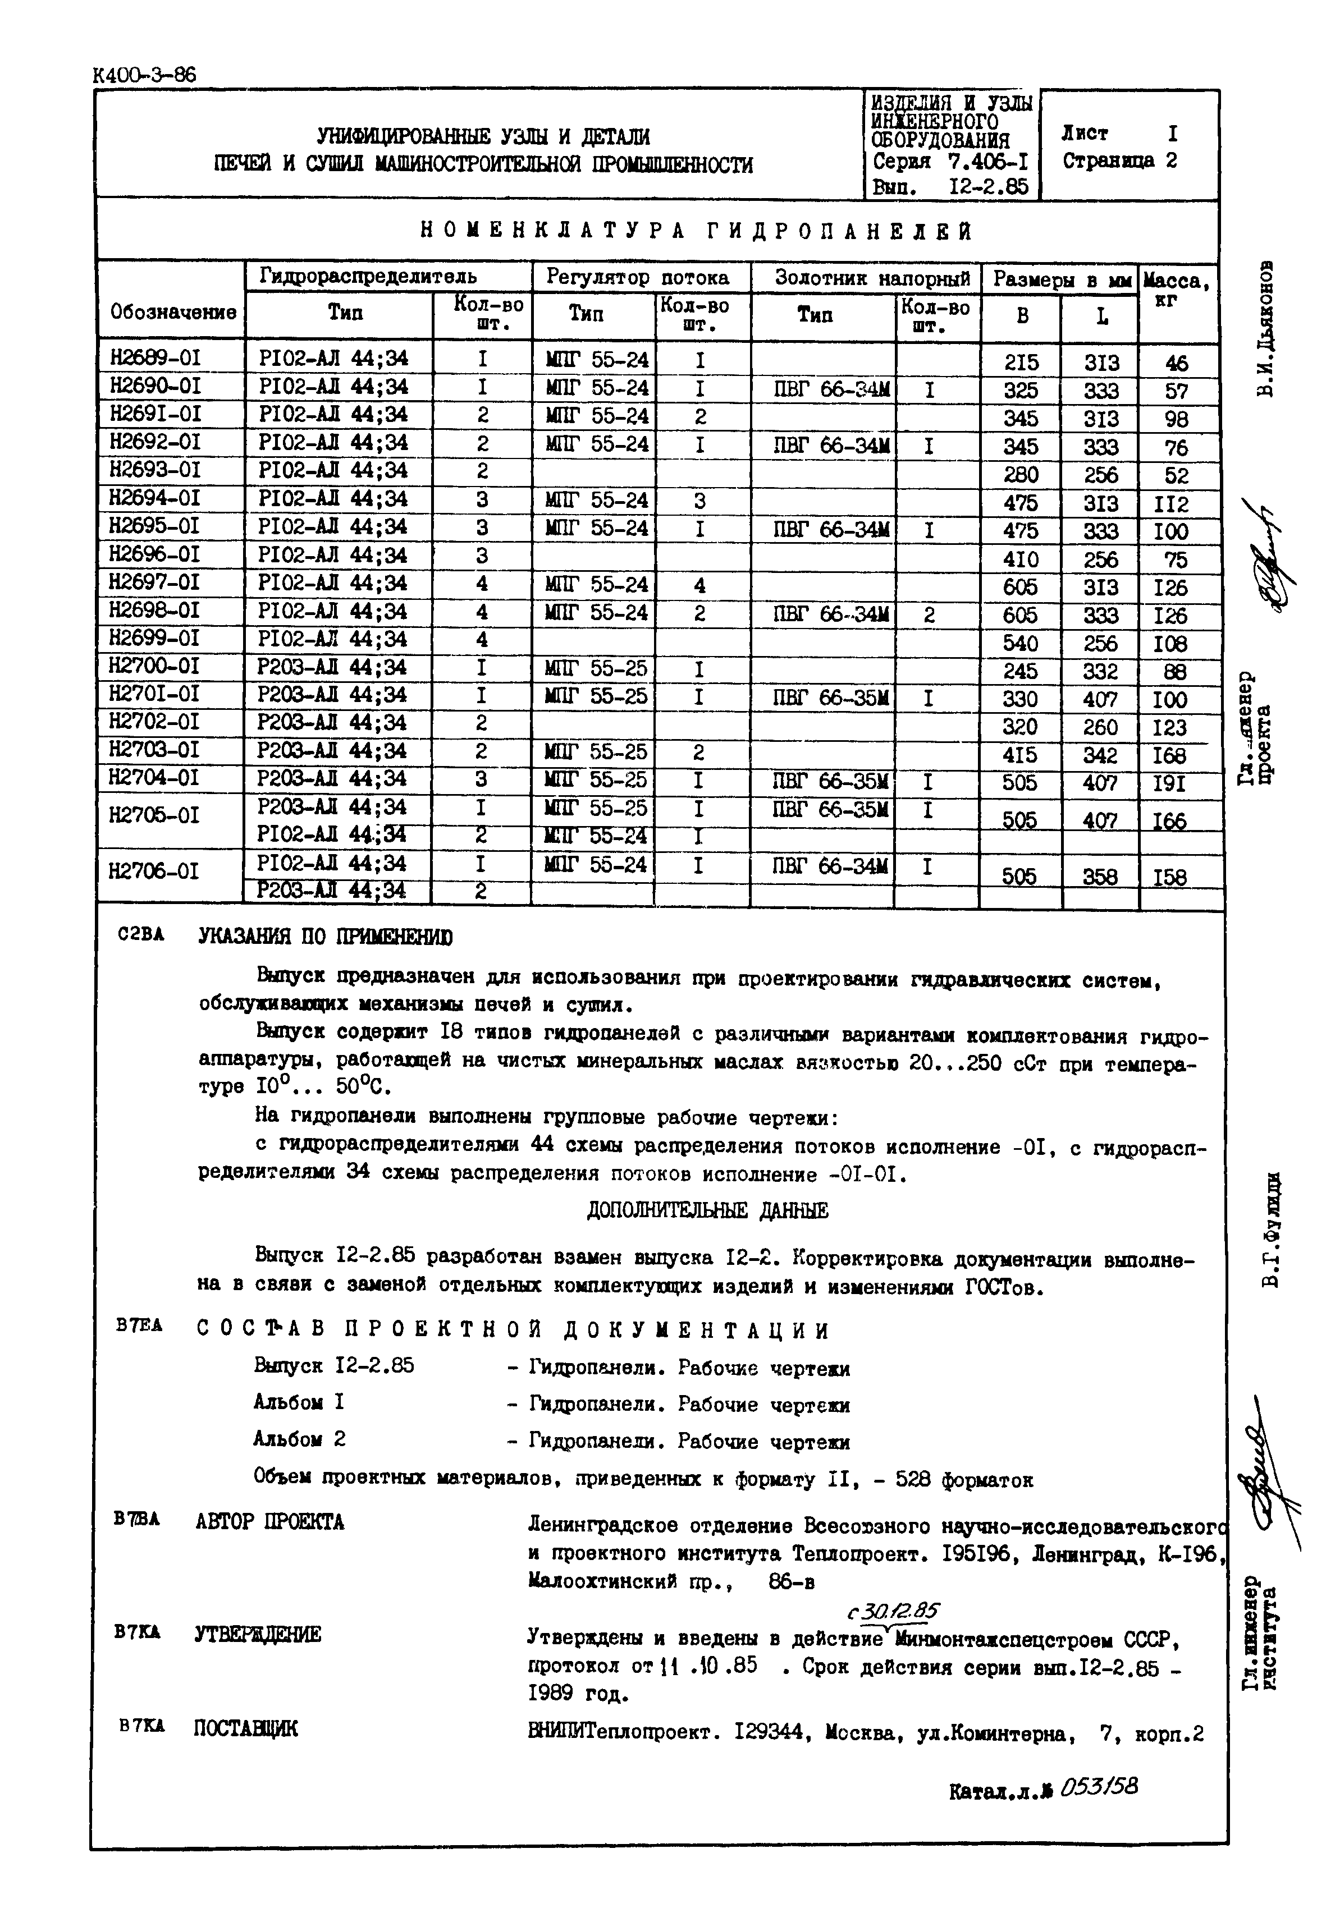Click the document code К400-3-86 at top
click(x=145, y=75)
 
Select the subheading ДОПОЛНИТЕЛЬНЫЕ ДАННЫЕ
click(x=706, y=1210)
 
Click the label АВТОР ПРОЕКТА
click(x=269, y=1522)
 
